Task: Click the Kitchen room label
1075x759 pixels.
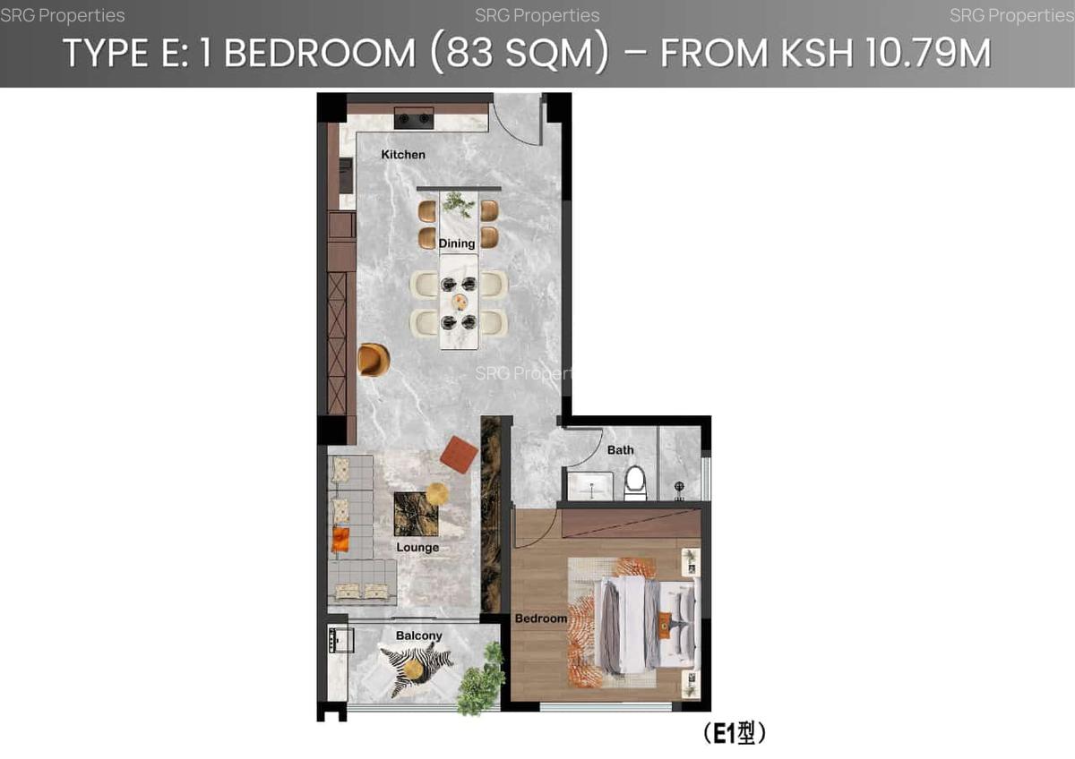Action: [x=403, y=155]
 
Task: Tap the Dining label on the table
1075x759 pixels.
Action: [x=457, y=243]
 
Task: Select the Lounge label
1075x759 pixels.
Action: [x=417, y=548]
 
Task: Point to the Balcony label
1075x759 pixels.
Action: [x=419, y=636]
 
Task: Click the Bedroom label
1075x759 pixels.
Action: [x=541, y=618]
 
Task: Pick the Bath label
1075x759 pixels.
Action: [x=620, y=450]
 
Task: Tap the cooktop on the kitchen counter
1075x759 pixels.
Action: [x=414, y=117]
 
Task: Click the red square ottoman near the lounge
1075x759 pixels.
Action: [x=459, y=454]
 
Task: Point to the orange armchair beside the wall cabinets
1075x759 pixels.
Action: [x=374, y=359]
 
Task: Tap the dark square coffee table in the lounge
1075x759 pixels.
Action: [x=416, y=513]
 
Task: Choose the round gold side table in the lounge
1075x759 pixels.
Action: [x=437, y=493]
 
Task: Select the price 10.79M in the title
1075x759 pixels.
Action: [x=928, y=54]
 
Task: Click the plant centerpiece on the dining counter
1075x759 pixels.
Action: [x=459, y=204]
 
